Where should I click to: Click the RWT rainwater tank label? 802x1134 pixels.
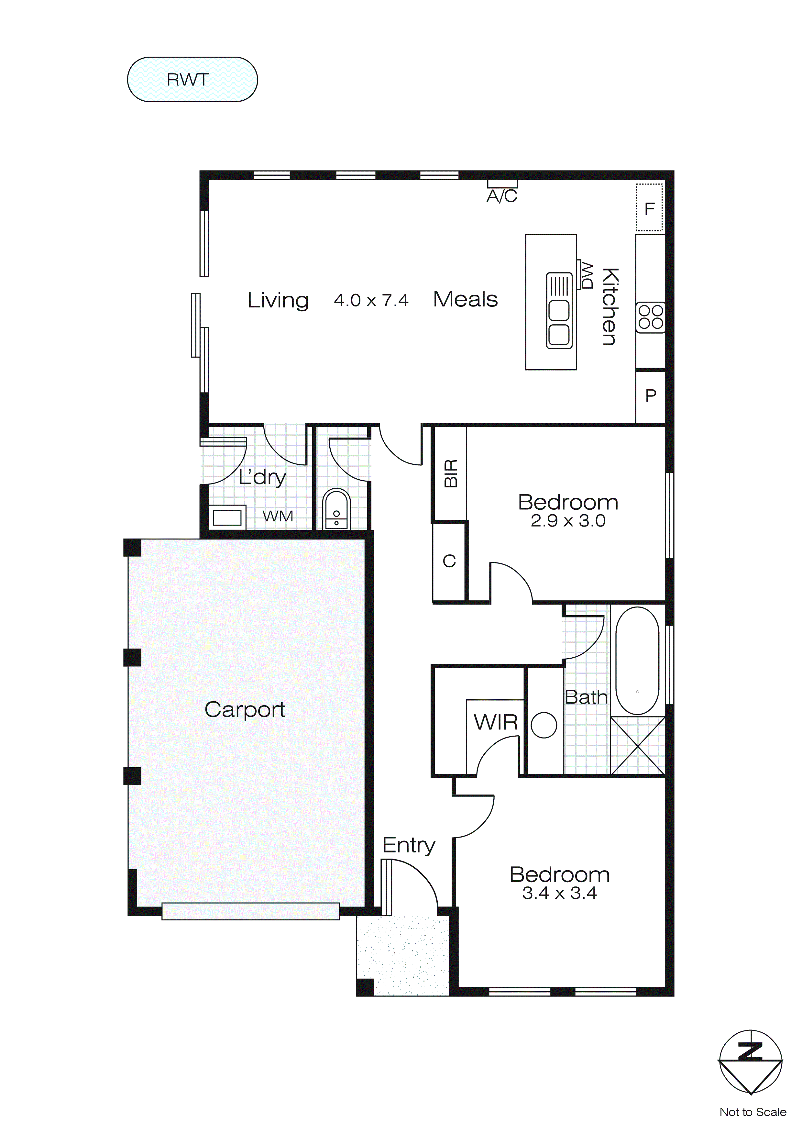tap(188, 80)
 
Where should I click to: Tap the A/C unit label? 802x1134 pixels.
tap(502, 196)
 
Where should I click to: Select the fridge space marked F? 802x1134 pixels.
tap(649, 208)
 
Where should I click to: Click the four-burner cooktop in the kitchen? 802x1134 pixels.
tap(650, 317)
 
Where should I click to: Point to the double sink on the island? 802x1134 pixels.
tap(559, 311)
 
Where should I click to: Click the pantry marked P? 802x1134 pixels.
tap(650, 395)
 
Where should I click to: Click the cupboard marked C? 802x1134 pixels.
tap(449, 561)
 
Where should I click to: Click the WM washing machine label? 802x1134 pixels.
tap(278, 516)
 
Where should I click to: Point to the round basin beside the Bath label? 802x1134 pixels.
tap(544, 725)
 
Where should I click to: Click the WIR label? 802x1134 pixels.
tap(495, 722)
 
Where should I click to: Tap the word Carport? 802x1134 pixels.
tap(245, 710)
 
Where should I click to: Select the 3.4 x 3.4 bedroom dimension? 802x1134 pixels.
tap(559, 893)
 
